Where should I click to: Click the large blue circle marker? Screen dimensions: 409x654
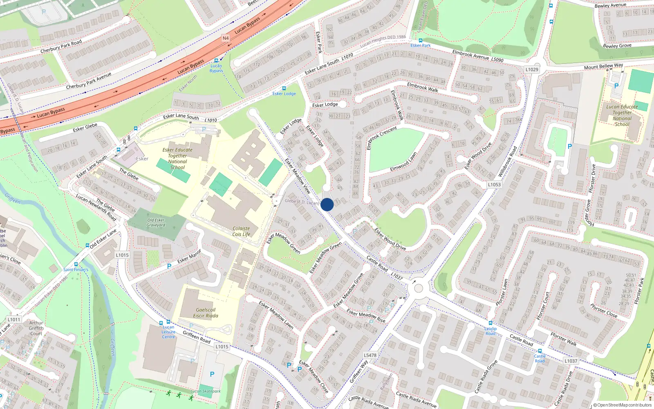click(x=327, y=204)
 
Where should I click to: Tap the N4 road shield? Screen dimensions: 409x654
click(x=226, y=38)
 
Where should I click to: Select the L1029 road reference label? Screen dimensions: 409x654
click(x=532, y=70)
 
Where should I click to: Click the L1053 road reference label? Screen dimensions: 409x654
click(x=494, y=184)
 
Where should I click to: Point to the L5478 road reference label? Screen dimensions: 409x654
click(x=370, y=355)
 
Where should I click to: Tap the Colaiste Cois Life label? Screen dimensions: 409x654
click(x=241, y=231)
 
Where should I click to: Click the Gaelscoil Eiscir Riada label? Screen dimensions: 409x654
click(x=206, y=313)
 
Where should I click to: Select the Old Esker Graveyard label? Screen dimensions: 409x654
click(x=156, y=222)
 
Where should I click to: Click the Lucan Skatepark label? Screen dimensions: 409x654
click(x=206, y=391)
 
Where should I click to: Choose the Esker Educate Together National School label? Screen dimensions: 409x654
click(x=177, y=158)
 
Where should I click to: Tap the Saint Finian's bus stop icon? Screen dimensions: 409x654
click(x=76, y=264)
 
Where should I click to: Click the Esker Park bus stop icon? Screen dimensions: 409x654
click(x=420, y=40)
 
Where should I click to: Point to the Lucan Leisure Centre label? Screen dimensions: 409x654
click(x=168, y=332)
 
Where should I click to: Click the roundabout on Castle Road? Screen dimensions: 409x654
click(x=418, y=288)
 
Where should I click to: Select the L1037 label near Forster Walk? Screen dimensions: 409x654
click(x=571, y=361)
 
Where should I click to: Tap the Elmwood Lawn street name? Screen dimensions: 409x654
click(x=403, y=162)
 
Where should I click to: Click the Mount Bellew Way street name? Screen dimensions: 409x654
click(x=603, y=66)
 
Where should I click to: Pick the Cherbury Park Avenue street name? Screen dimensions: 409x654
click(x=89, y=81)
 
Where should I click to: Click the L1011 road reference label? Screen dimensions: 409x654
click(x=14, y=319)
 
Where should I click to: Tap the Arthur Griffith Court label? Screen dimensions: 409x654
click(x=36, y=328)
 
